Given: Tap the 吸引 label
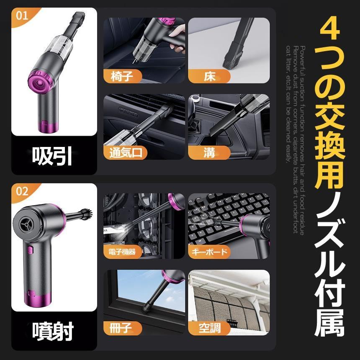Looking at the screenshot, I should pos(53,156).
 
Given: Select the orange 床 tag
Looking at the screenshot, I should pos(208,77).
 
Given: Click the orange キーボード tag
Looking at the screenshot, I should pos(210,252).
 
